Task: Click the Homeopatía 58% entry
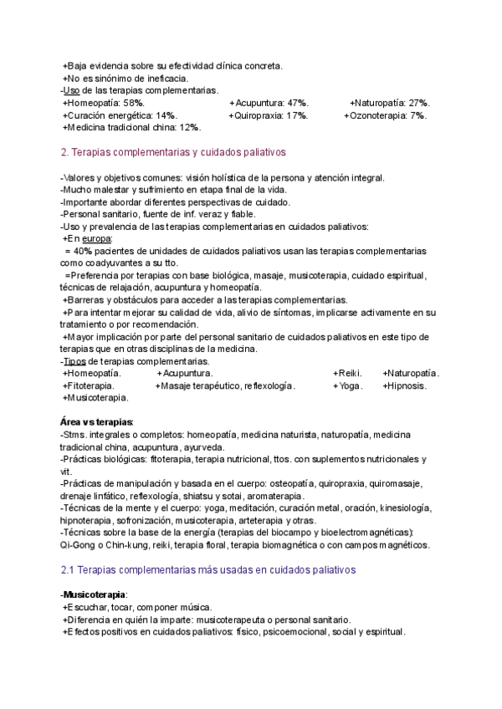(x=105, y=103)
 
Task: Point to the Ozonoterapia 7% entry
(x=388, y=115)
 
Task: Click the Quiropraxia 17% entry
(x=271, y=115)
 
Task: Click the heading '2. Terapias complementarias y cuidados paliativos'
(x=174, y=153)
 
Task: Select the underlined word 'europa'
(x=96, y=238)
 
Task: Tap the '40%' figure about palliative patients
(x=82, y=251)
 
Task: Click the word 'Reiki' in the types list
(x=350, y=373)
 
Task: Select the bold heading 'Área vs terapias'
(x=98, y=423)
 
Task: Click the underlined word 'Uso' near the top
(x=72, y=90)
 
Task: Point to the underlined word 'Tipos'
(x=74, y=360)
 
